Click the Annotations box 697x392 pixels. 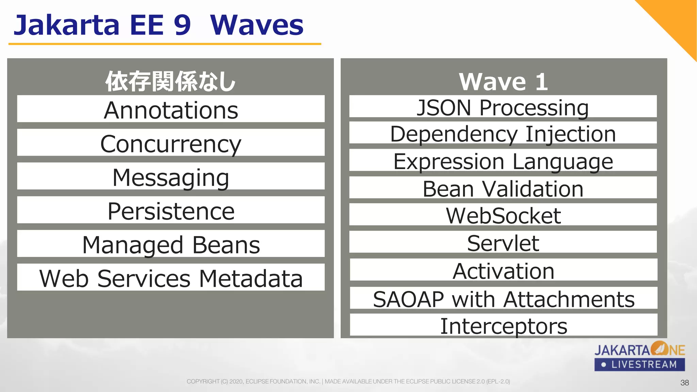(x=171, y=109)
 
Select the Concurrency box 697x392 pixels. (x=171, y=143)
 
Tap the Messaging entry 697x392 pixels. (x=171, y=176)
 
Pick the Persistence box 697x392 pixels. (x=171, y=210)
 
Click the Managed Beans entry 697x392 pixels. (x=171, y=244)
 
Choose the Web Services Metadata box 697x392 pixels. (x=171, y=277)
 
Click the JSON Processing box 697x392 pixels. (x=503, y=107)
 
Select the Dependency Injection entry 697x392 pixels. (x=503, y=133)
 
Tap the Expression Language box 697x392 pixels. (x=503, y=160)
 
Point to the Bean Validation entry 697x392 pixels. (x=503, y=188)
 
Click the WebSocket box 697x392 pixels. (x=503, y=215)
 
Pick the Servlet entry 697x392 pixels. (x=503, y=242)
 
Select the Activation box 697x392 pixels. (x=503, y=270)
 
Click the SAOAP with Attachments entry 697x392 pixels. (x=503, y=298)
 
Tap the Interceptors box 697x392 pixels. (x=503, y=325)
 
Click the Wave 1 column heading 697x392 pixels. (x=503, y=82)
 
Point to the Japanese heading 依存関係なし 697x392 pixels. (x=170, y=82)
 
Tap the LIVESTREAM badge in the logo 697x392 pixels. (x=639, y=364)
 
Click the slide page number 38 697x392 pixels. (x=684, y=382)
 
